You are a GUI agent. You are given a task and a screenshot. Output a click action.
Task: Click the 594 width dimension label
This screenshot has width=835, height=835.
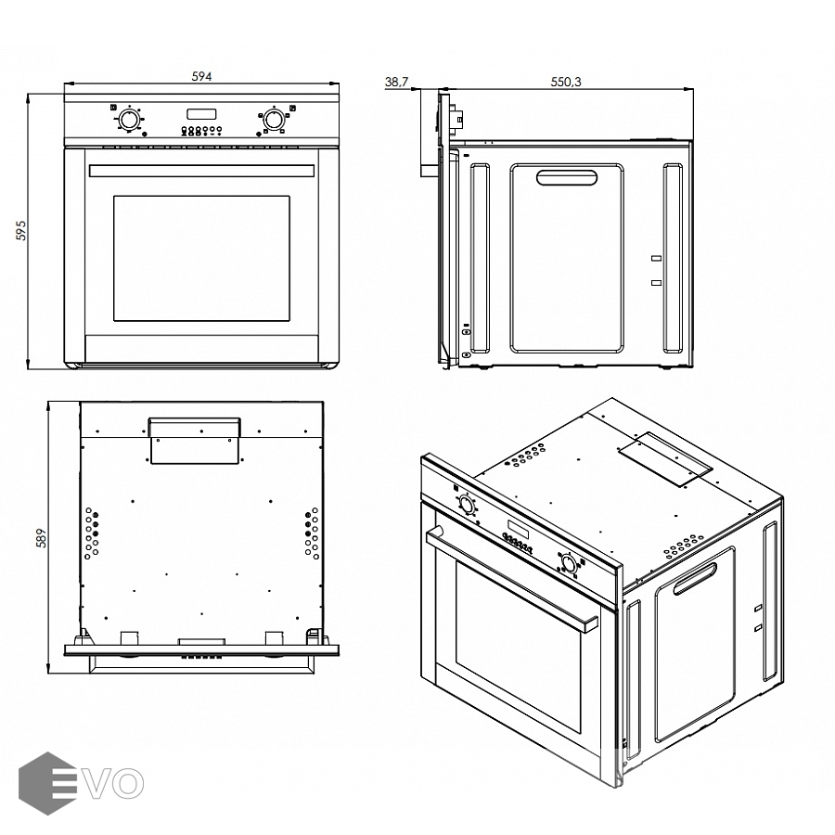(202, 77)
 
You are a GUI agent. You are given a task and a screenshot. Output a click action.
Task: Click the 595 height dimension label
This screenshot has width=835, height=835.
(20, 230)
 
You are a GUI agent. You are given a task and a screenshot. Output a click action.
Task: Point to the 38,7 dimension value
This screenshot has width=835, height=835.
(397, 82)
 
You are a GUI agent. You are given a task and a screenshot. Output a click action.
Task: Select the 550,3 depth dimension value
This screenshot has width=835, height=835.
(566, 82)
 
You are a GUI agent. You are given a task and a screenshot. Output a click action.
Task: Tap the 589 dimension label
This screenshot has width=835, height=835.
(42, 538)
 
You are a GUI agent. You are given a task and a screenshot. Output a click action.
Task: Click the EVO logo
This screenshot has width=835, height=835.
(81, 783)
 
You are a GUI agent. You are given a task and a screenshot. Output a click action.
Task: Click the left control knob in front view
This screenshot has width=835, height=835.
(128, 120)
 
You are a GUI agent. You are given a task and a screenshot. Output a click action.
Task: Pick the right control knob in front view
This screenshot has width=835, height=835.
(273, 120)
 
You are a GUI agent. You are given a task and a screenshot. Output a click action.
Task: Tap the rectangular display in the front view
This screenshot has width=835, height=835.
(201, 114)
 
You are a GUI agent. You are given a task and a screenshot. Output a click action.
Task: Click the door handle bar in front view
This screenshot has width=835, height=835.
(202, 171)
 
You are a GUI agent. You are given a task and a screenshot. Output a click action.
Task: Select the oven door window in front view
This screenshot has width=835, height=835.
(202, 258)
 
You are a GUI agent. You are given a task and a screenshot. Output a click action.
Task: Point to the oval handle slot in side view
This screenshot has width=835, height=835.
(567, 178)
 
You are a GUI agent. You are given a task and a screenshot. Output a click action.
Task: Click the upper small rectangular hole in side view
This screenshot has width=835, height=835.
(657, 258)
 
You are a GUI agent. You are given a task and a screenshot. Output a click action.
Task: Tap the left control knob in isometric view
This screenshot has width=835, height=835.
(466, 504)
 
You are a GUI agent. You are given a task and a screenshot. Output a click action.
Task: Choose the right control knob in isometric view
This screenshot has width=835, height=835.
(569, 563)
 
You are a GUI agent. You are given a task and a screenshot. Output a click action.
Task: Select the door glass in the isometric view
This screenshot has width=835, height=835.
(518, 647)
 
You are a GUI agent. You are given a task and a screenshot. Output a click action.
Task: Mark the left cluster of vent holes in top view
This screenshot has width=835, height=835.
(92, 533)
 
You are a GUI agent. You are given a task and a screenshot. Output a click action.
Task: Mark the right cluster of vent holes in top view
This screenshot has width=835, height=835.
(312, 533)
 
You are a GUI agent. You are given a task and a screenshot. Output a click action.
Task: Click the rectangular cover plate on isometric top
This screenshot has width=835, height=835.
(664, 458)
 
